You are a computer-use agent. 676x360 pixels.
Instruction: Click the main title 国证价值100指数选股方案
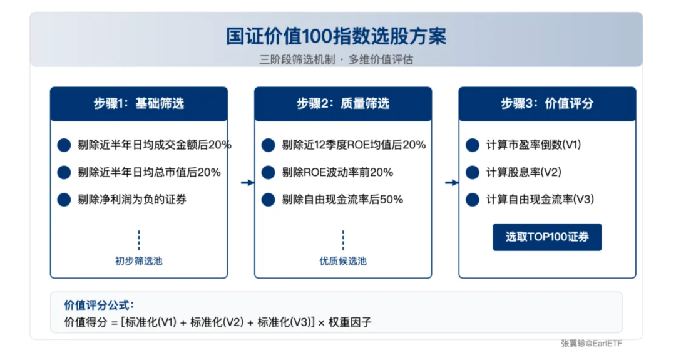tap(336, 36)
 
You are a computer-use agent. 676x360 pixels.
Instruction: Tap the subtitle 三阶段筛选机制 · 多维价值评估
tap(336, 60)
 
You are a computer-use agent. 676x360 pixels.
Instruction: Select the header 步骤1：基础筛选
tap(139, 104)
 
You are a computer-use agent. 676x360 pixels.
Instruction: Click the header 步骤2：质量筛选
tap(343, 104)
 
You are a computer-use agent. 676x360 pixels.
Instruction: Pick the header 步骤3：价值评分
tap(547, 104)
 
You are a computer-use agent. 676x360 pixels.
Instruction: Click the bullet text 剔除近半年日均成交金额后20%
tap(155, 145)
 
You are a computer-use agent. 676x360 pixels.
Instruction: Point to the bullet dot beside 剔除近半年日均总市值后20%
tap(64, 172)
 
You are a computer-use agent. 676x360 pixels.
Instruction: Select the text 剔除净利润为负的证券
tap(132, 200)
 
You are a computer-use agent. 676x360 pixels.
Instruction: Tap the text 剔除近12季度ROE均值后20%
tap(354, 145)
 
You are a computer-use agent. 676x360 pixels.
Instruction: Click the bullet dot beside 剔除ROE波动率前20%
tap(268, 172)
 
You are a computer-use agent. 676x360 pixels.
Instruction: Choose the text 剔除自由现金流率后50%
tap(342, 200)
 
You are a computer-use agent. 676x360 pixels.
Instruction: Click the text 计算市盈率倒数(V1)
tap(534, 145)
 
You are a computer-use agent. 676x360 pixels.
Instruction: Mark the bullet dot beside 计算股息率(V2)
tap(473, 172)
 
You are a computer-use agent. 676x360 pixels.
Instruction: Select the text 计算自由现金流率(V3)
tap(540, 200)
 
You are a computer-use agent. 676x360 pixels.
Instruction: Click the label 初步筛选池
tap(139, 261)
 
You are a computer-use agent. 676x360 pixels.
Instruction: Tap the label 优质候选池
tap(343, 261)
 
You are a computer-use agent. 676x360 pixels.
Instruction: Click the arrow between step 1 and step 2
tap(248, 183)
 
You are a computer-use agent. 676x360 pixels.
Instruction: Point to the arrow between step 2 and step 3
tap(452, 183)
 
